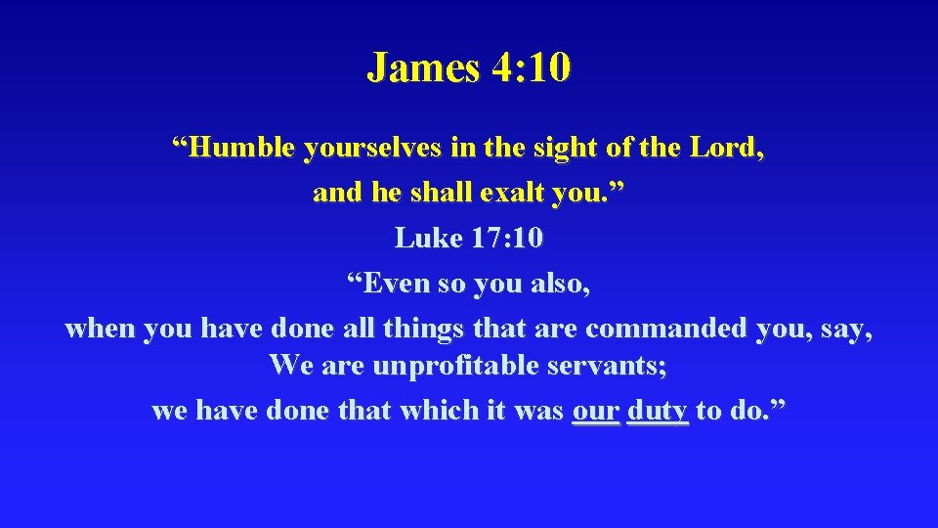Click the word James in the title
point(423,68)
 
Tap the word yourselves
point(374,149)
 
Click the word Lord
point(727,149)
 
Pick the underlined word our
point(595,412)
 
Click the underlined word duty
point(658,412)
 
